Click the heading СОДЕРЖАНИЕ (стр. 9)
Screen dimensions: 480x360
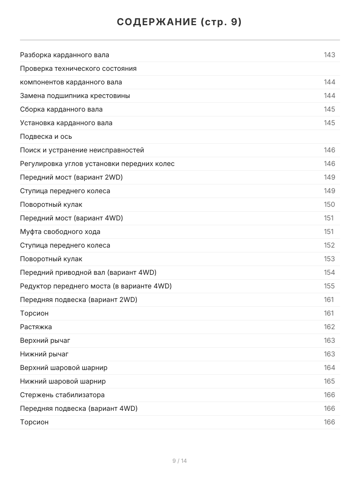[x=180, y=22]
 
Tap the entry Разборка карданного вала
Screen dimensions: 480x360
[x=64, y=55]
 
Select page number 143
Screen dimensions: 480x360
[x=329, y=55]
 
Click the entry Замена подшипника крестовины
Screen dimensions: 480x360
[x=75, y=96]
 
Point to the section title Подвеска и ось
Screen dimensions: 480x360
[x=46, y=136]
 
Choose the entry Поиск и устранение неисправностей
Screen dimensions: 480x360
[x=82, y=150]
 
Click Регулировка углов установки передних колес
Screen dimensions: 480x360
[x=97, y=164]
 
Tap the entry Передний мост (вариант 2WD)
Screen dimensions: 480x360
[x=71, y=177]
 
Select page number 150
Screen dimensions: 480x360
[x=329, y=204]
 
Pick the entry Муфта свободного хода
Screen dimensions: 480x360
[x=60, y=232]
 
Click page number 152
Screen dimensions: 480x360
[x=329, y=245]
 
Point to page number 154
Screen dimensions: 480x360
[x=329, y=272]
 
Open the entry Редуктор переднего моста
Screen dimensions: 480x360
[x=96, y=286]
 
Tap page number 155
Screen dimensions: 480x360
[x=329, y=286]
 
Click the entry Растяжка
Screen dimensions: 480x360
[x=36, y=327]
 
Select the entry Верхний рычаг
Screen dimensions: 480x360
[x=45, y=340]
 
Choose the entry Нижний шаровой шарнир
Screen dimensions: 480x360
[x=63, y=381]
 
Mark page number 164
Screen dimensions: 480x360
[x=329, y=368]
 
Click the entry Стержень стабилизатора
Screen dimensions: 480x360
[x=62, y=395]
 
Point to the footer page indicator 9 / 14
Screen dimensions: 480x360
[x=180, y=461]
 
